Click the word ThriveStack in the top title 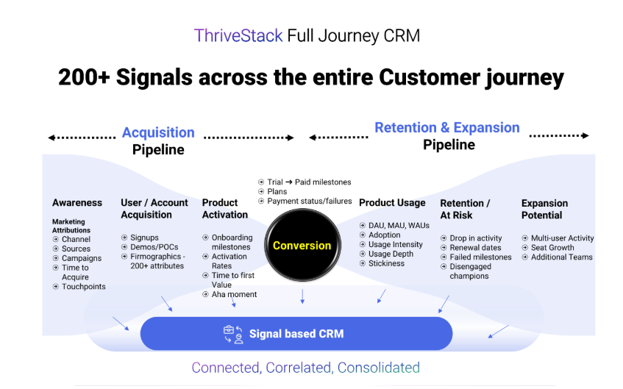[238, 35]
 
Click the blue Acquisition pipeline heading [158, 132]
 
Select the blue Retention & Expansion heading [447, 127]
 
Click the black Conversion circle [302, 246]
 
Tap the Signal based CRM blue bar [296, 334]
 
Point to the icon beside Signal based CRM [233, 334]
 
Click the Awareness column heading [77, 203]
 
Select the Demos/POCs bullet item [154, 247]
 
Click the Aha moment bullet [234, 294]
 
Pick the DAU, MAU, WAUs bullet [398, 225]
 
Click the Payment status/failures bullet [310, 201]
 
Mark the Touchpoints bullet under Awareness [83, 287]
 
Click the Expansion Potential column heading [544, 209]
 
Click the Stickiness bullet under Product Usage [386, 263]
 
